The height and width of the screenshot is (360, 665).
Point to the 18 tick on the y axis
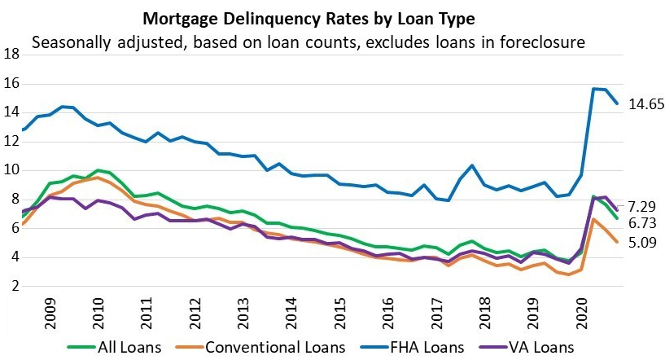[12, 55]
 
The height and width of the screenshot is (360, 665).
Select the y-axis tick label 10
[12, 170]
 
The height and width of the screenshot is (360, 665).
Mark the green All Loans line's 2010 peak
[98, 170]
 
